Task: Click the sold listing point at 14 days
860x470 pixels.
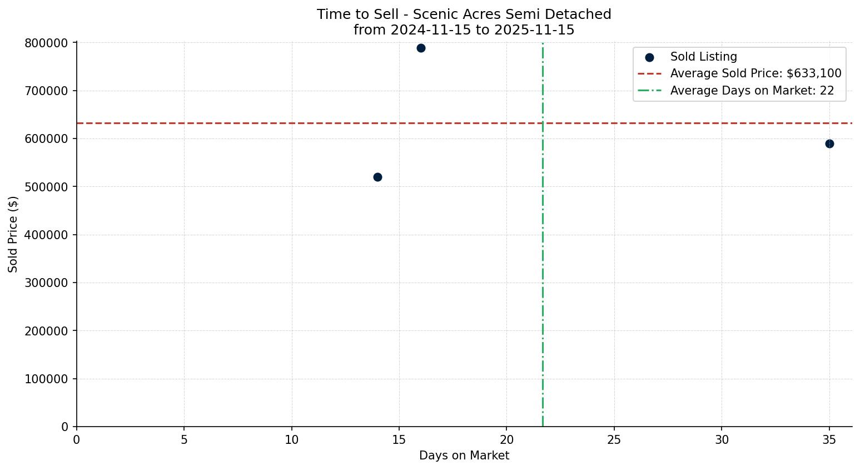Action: (377, 177)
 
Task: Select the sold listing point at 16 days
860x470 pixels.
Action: (421, 48)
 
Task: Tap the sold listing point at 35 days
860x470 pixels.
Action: (829, 144)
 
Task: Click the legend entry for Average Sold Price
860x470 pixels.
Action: (755, 73)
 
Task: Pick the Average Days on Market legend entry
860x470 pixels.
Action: (752, 91)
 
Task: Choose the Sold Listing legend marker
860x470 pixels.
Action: (649, 57)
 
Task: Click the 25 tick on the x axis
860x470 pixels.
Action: (614, 439)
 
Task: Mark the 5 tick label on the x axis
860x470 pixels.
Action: (184, 439)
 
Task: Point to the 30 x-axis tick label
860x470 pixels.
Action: (722, 439)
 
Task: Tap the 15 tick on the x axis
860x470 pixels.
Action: (399, 439)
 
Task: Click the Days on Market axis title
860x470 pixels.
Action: (464, 456)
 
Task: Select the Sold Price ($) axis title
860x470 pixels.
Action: (13, 234)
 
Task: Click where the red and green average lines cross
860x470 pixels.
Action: (543, 123)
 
